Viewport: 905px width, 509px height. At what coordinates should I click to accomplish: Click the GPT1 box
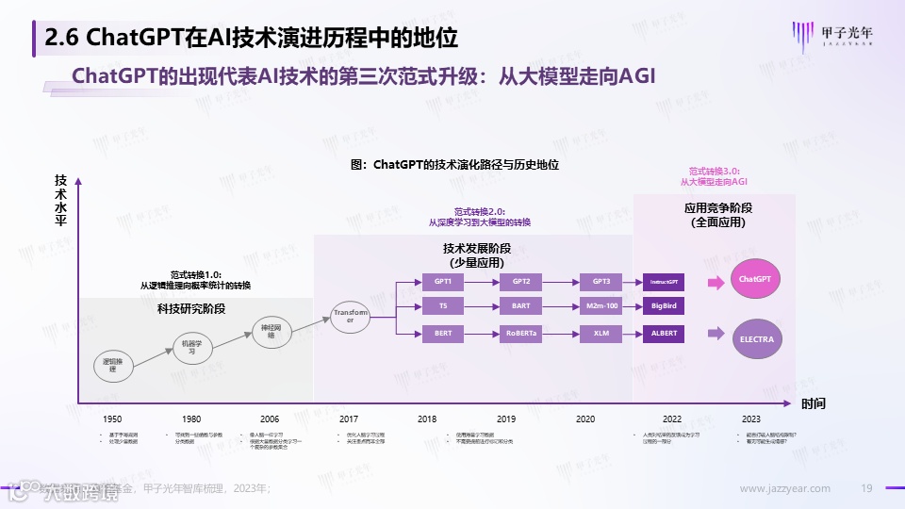pyautogui.click(x=443, y=282)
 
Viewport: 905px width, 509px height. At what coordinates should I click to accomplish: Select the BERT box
pyautogui.click(x=443, y=334)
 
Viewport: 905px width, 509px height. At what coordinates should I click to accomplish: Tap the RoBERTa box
pyautogui.click(x=521, y=334)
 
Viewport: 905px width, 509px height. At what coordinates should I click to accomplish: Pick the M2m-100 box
pyautogui.click(x=601, y=307)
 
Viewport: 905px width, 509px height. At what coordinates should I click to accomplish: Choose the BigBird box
pyautogui.click(x=664, y=307)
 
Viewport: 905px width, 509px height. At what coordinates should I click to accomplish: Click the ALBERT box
pyautogui.click(x=664, y=334)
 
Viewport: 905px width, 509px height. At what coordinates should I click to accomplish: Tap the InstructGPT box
pyautogui.click(x=664, y=282)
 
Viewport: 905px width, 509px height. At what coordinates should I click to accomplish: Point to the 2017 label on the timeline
pyautogui.click(x=348, y=419)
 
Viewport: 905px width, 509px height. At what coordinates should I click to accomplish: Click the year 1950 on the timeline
pyautogui.click(x=112, y=419)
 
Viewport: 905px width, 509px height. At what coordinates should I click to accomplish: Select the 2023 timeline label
pyautogui.click(x=751, y=419)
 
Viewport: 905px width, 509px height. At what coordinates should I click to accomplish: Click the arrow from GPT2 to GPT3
pyautogui.click(x=563, y=282)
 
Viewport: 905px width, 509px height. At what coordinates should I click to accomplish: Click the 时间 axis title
pyautogui.click(x=814, y=403)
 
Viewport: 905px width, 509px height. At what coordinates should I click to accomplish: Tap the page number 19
pyautogui.click(x=867, y=488)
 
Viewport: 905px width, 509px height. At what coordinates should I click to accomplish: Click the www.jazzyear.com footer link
pyautogui.click(x=785, y=488)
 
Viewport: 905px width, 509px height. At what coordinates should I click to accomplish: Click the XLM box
pyautogui.click(x=601, y=334)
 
